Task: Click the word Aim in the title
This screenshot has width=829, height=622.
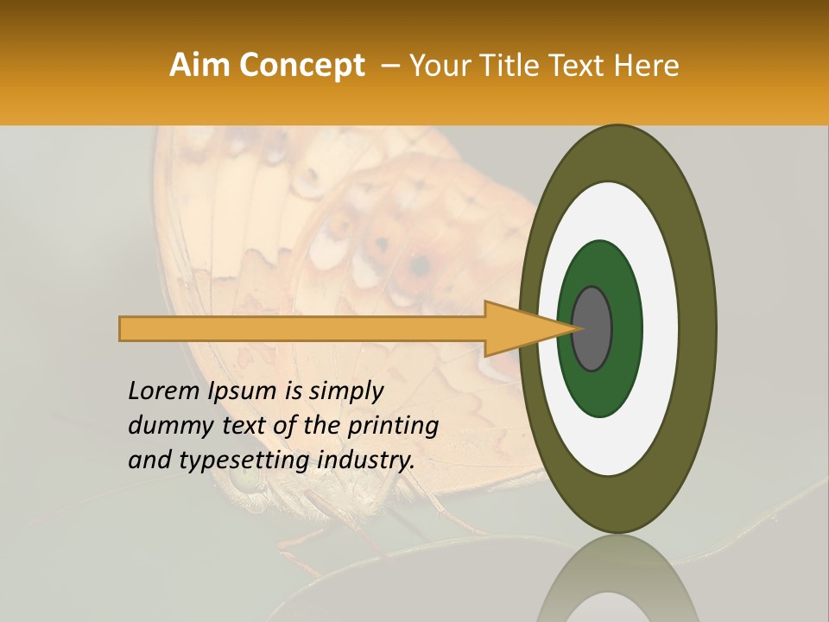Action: [x=199, y=66]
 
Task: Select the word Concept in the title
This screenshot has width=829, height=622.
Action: [x=301, y=66]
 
